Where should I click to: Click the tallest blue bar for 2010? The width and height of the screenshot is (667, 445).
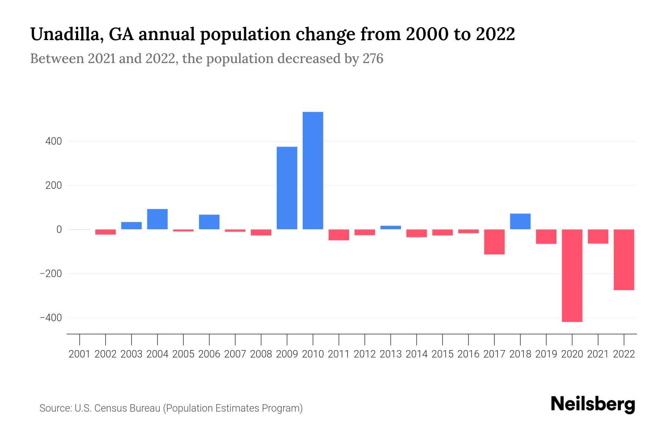tap(313, 171)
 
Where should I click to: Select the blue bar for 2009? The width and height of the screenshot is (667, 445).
tap(287, 188)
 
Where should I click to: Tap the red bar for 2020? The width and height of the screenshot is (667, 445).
tap(572, 276)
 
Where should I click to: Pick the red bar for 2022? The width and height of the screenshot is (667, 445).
tap(624, 260)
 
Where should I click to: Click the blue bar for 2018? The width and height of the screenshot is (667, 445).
tap(520, 221)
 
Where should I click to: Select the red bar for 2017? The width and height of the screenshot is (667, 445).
tap(494, 242)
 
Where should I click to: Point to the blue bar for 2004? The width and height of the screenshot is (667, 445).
tap(157, 219)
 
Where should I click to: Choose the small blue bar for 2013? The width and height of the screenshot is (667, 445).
tap(391, 227)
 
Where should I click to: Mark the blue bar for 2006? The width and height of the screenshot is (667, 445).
tap(209, 222)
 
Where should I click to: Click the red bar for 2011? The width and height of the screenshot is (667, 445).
tap(339, 235)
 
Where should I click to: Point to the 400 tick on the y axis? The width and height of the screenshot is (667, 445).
tap(54, 141)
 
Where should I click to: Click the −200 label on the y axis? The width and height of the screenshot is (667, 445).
tap(51, 274)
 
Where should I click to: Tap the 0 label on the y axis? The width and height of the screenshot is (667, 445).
tap(59, 230)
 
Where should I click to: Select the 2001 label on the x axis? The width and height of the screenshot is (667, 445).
tap(79, 354)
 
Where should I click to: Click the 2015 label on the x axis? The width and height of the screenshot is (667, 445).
tap(442, 354)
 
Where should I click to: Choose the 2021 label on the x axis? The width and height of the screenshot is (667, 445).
tap(598, 354)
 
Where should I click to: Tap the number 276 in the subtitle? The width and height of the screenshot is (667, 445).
tap(373, 59)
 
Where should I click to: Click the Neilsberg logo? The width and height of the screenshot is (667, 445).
tap(593, 404)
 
